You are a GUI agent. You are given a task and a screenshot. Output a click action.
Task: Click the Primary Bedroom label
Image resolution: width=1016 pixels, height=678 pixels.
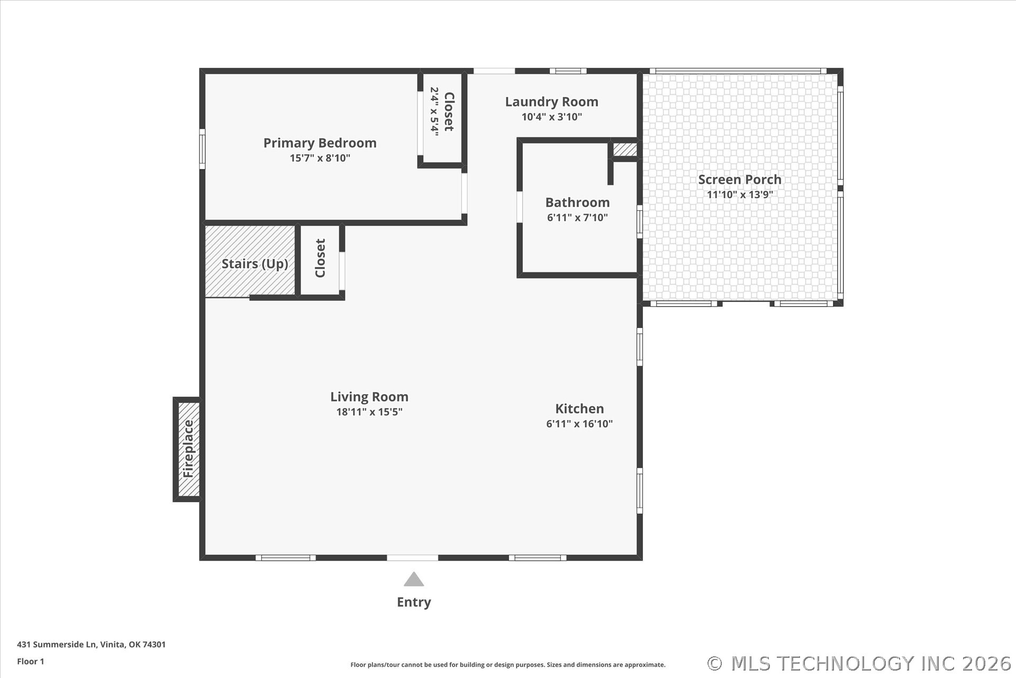[320, 143]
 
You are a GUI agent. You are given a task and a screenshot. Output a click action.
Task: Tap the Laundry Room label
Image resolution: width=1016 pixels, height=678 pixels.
[551, 102]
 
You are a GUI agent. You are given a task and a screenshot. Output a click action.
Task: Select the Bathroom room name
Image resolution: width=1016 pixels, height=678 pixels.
[577, 202]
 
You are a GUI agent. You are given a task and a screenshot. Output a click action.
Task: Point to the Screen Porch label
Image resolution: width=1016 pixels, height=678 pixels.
[739, 180]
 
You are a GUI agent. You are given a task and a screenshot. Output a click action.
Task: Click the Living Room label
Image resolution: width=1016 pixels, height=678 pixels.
[369, 397]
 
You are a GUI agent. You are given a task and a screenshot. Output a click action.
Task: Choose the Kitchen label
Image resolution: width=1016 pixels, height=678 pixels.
[579, 408]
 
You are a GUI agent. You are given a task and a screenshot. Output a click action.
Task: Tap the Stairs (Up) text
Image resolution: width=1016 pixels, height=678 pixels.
[255, 264]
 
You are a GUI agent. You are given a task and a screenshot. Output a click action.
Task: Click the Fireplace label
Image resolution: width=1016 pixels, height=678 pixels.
[188, 448]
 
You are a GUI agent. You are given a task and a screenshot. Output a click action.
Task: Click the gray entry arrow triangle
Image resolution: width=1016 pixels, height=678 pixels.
[414, 579]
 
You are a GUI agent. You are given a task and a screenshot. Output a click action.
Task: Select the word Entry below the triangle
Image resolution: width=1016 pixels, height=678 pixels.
[414, 602]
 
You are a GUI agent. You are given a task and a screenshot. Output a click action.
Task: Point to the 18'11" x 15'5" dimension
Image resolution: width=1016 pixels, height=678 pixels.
[369, 412]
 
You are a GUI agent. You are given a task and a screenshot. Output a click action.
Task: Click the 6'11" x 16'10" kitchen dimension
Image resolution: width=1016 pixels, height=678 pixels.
[579, 424]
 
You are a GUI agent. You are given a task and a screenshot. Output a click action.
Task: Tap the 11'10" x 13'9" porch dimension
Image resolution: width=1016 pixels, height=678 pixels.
[740, 194]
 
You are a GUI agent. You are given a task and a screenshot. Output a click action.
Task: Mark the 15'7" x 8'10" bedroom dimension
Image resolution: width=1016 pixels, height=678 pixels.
[320, 158]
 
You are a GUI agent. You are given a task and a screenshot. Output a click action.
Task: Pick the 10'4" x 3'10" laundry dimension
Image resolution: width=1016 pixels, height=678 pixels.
[551, 117]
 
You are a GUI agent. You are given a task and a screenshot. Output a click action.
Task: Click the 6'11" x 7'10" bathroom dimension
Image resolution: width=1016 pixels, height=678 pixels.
[577, 217]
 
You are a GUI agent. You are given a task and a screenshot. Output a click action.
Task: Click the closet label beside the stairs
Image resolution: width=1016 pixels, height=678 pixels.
[320, 258]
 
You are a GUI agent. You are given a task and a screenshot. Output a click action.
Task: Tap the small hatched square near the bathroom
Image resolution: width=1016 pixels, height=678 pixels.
[625, 149]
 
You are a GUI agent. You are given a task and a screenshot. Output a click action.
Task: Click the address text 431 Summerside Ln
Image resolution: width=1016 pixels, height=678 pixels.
[57, 645]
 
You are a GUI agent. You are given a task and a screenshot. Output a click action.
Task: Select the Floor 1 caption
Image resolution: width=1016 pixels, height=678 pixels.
[31, 662]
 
